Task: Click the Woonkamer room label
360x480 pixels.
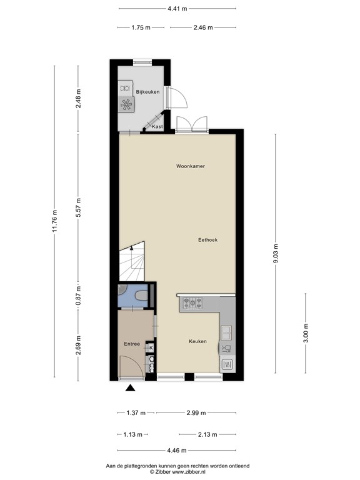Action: [x=191, y=166]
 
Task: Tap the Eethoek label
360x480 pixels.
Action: [x=207, y=239]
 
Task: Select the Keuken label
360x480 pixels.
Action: [x=198, y=341]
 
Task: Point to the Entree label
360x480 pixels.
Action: [x=131, y=344]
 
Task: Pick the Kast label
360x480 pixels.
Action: [x=157, y=127]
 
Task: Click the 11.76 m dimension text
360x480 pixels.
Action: [x=54, y=221]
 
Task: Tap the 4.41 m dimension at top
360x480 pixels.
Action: [x=177, y=9]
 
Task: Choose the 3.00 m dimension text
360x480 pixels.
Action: [x=306, y=329]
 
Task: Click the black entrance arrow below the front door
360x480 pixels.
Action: [x=131, y=388]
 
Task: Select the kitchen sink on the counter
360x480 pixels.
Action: [x=226, y=331]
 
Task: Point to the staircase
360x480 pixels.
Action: [x=131, y=262]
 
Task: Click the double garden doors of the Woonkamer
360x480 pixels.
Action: [x=192, y=125]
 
